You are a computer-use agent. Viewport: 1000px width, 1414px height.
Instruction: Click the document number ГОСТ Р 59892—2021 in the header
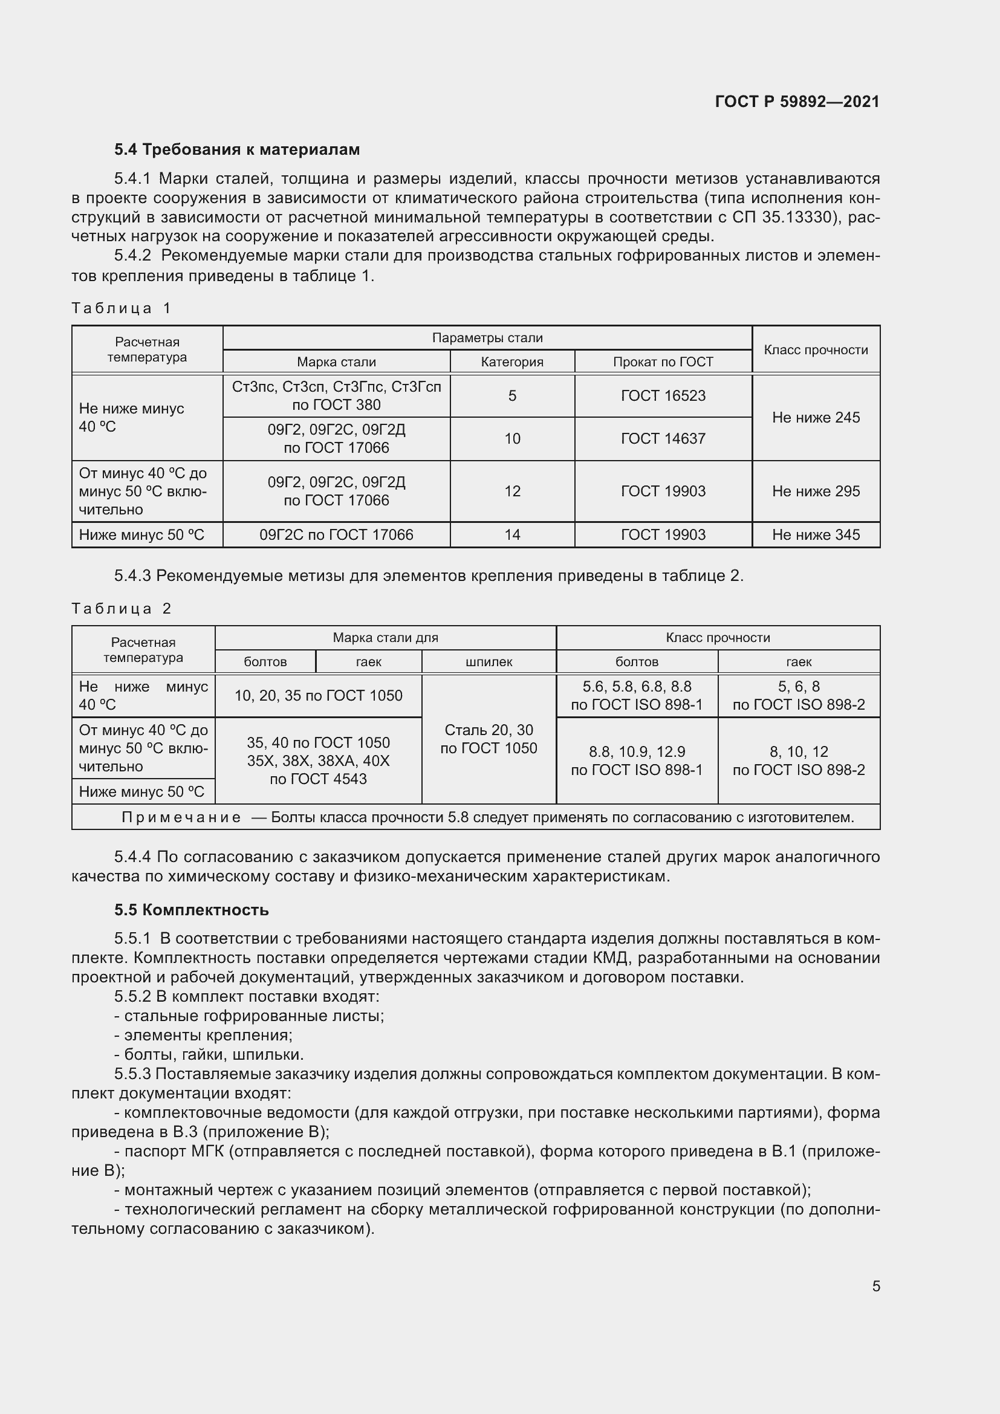point(797,102)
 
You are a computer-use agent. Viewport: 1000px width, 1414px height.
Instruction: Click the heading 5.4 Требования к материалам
point(237,150)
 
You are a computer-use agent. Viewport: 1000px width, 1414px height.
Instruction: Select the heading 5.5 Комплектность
point(192,910)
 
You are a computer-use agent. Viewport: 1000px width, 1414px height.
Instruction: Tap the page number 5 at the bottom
point(875,1286)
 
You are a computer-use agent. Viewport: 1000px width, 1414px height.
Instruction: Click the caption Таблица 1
point(122,308)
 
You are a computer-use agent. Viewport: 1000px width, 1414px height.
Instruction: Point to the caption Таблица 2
point(122,609)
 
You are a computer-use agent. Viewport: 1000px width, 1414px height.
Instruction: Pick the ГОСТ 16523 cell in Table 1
point(663,396)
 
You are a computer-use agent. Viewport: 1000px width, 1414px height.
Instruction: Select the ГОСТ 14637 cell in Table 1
point(663,438)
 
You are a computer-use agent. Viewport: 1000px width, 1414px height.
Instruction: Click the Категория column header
point(511,362)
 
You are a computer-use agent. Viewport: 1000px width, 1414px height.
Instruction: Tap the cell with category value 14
point(511,534)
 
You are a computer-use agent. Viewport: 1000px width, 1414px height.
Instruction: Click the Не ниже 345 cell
point(815,534)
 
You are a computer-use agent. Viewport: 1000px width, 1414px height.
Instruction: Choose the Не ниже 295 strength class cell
point(815,491)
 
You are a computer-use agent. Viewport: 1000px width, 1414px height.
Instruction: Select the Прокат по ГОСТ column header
point(663,362)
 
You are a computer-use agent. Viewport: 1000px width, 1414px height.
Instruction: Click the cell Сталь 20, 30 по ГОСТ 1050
point(489,739)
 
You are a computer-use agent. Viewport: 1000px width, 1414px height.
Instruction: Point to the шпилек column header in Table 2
point(489,662)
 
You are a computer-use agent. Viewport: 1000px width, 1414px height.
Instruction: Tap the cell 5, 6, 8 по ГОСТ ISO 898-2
point(798,696)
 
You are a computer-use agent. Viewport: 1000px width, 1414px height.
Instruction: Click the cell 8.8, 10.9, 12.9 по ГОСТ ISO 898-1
point(636,761)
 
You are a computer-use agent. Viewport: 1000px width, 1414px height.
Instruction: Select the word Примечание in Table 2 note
point(181,817)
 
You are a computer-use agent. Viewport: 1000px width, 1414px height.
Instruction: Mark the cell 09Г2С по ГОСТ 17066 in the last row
point(336,534)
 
